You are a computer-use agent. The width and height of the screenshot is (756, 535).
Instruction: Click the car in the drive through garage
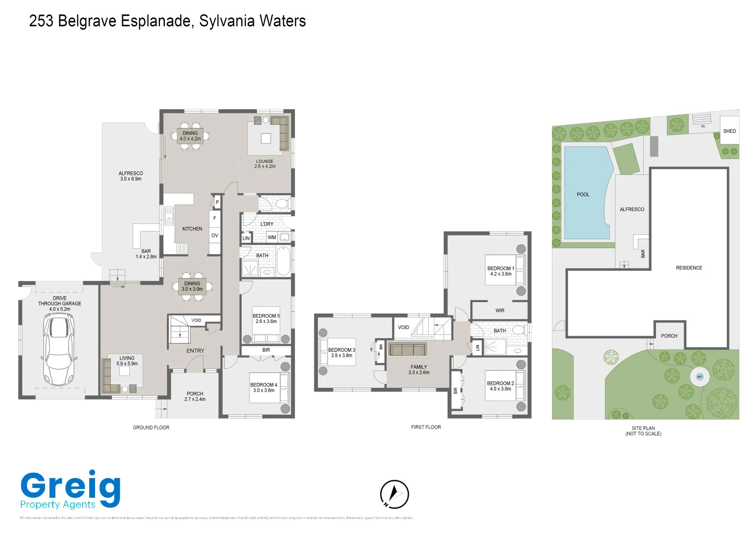(x=58, y=350)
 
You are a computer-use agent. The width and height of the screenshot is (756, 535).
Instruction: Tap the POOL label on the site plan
(x=583, y=195)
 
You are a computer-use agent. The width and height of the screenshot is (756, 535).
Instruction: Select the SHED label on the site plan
(x=729, y=131)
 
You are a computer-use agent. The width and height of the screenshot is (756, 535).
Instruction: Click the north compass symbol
(x=394, y=494)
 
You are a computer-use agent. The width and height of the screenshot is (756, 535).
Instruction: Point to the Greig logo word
(x=70, y=486)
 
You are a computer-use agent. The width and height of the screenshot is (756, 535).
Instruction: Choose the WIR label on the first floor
(x=500, y=311)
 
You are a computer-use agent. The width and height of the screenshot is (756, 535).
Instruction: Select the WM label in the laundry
(x=272, y=238)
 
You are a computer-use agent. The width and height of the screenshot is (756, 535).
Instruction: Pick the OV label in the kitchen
(x=214, y=236)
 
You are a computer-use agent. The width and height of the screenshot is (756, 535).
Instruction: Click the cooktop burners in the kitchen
(x=182, y=248)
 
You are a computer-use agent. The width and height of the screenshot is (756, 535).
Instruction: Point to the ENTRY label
(x=195, y=351)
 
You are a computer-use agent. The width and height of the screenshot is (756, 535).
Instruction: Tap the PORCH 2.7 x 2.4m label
(x=195, y=396)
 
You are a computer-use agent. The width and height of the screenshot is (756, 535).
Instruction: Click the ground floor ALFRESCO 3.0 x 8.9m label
(x=131, y=176)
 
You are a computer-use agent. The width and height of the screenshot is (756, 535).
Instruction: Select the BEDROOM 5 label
(x=266, y=319)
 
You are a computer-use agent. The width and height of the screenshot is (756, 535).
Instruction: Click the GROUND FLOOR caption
(x=151, y=428)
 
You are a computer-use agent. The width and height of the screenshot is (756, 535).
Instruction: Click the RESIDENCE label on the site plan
(x=689, y=268)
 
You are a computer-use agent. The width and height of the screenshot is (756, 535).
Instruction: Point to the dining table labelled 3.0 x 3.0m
(x=192, y=286)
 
